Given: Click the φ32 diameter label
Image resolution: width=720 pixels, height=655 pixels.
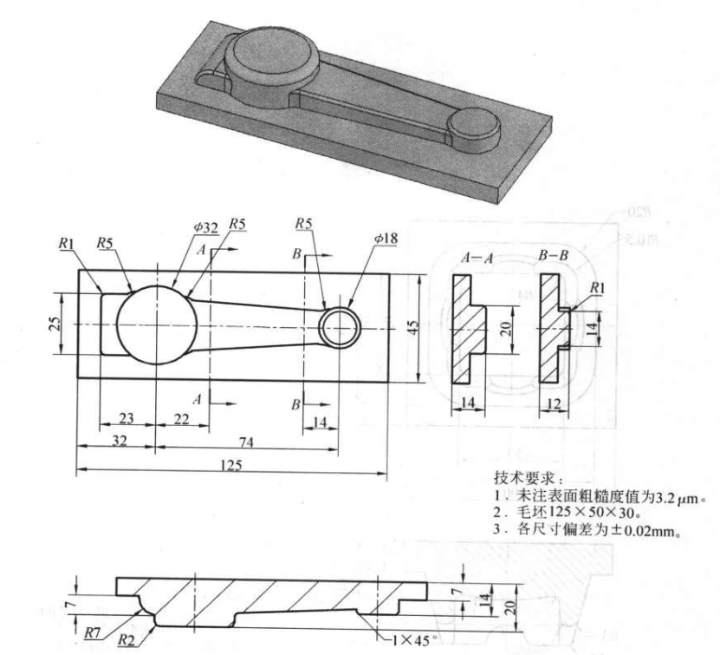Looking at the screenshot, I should tap(205, 227).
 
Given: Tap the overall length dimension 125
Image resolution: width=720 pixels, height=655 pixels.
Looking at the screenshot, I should tap(231, 464).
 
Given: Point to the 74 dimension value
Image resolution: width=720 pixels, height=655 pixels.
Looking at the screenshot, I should tap(246, 442).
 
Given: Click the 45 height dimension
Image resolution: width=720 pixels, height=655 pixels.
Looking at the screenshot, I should tap(413, 326).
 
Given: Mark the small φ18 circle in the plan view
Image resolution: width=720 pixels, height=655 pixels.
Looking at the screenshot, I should tap(339, 327).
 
